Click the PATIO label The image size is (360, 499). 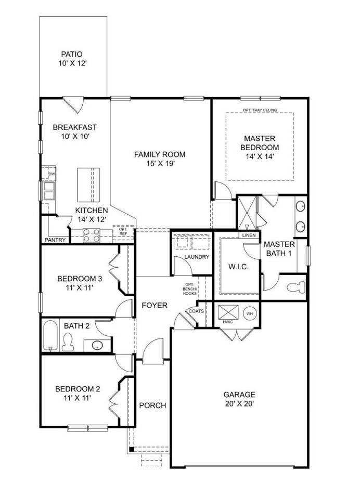coord(72,54)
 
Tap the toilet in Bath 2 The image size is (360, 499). coord(68,342)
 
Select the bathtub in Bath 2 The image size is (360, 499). coord(50,336)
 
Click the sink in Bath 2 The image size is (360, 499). coord(97,345)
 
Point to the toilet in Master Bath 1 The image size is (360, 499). coord(298,286)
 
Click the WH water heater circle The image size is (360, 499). coord(249,313)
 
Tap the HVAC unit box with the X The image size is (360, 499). coord(228,312)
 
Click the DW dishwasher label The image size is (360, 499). coord(52,174)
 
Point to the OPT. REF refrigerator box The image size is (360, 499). coord(123,232)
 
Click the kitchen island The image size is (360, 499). coord(88,184)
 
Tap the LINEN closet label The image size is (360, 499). coord(248,235)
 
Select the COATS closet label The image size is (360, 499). coord(203,311)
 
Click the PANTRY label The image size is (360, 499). coord(55,240)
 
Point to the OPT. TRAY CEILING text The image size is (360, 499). coord(259,110)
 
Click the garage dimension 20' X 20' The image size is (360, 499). coord(239,403)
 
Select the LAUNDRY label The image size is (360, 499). coord(197,256)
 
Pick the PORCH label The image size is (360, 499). coord(152,405)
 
